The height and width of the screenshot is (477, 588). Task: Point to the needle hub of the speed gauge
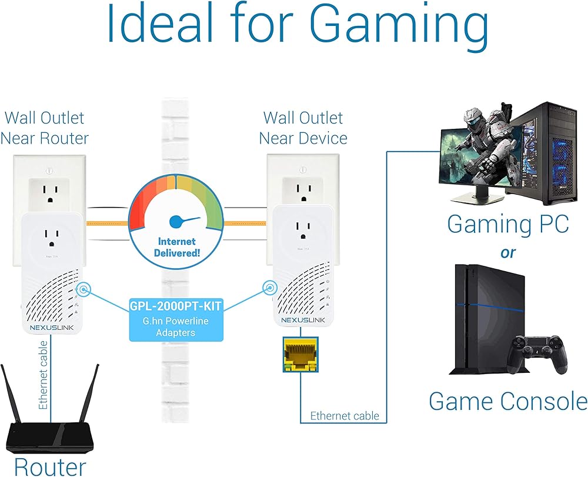coord(175,222)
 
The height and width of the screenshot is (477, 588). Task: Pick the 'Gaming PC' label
coord(507,224)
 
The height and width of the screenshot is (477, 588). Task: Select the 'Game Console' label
coord(507,401)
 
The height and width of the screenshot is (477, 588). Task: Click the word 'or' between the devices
coord(507,252)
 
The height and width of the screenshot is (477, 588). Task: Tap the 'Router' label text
coord(50,466)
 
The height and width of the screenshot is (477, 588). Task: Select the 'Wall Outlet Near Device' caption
coord(303,128)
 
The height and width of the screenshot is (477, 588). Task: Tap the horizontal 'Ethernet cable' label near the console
coord(345,416)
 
